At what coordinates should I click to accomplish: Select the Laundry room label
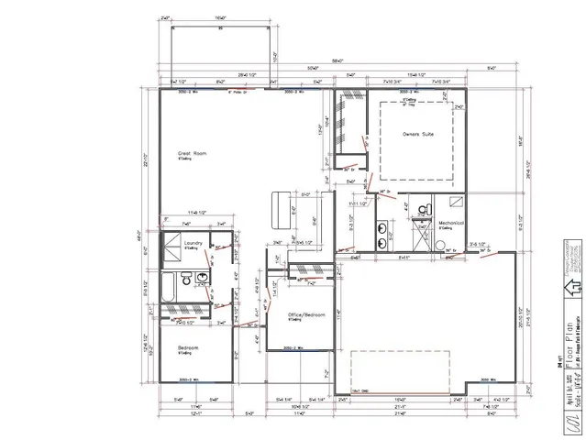click(x=193, y=243)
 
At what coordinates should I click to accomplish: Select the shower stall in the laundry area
click(x=171, y=247)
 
